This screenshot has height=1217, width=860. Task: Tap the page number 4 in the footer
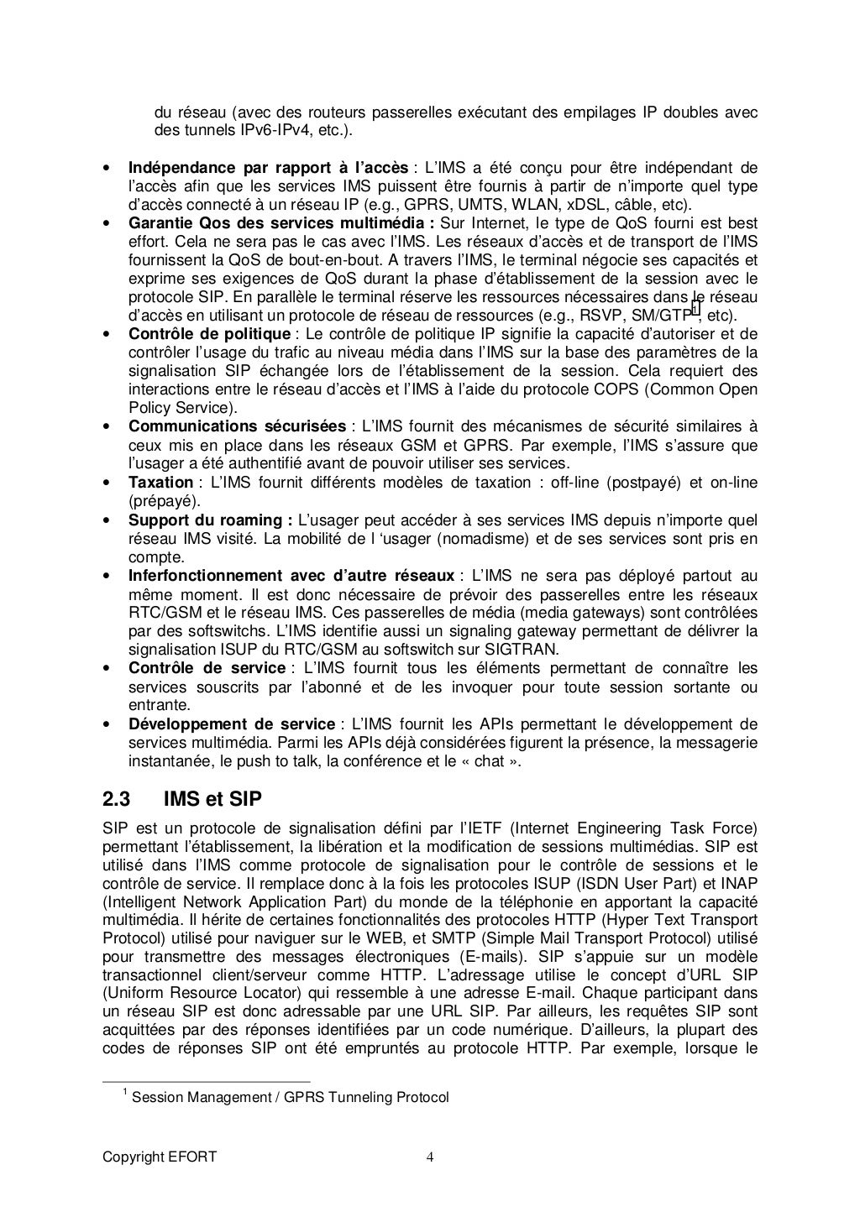tap(430, 1157)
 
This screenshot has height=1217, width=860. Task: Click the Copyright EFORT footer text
tap(160, 1157)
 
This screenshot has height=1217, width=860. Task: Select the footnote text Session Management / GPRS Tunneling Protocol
tap(291, 1097)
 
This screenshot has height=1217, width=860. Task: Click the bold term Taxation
tap(160, 483)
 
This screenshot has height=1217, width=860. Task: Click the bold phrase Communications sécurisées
tap(236, 426)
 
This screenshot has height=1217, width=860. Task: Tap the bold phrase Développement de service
tap(231, 724)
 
